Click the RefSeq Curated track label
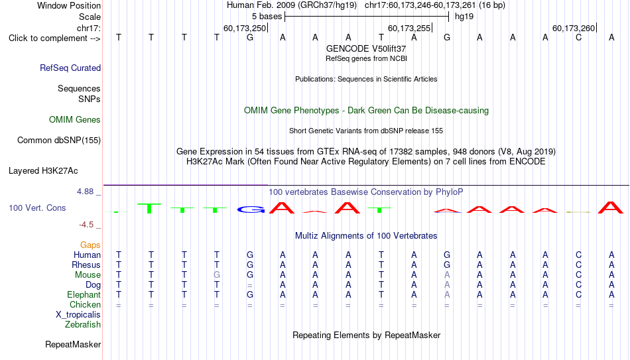point(70,68)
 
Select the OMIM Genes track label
point(75,120)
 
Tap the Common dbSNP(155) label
point(59,141)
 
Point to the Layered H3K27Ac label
point(43,171)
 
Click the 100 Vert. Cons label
point(37,208)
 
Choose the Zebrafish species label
point(83,324)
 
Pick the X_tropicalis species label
point(78,315)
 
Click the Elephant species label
point(84,294)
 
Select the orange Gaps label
point(90,245)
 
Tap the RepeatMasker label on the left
point(73,344)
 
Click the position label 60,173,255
point(409,28)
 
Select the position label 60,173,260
point(574,28)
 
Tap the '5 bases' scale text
point(267,17)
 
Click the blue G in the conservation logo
point(251,210)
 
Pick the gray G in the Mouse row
point(217,275)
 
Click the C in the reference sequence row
point(578,37)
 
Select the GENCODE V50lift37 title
point(366,48)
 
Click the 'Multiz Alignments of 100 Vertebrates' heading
point(366,236)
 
